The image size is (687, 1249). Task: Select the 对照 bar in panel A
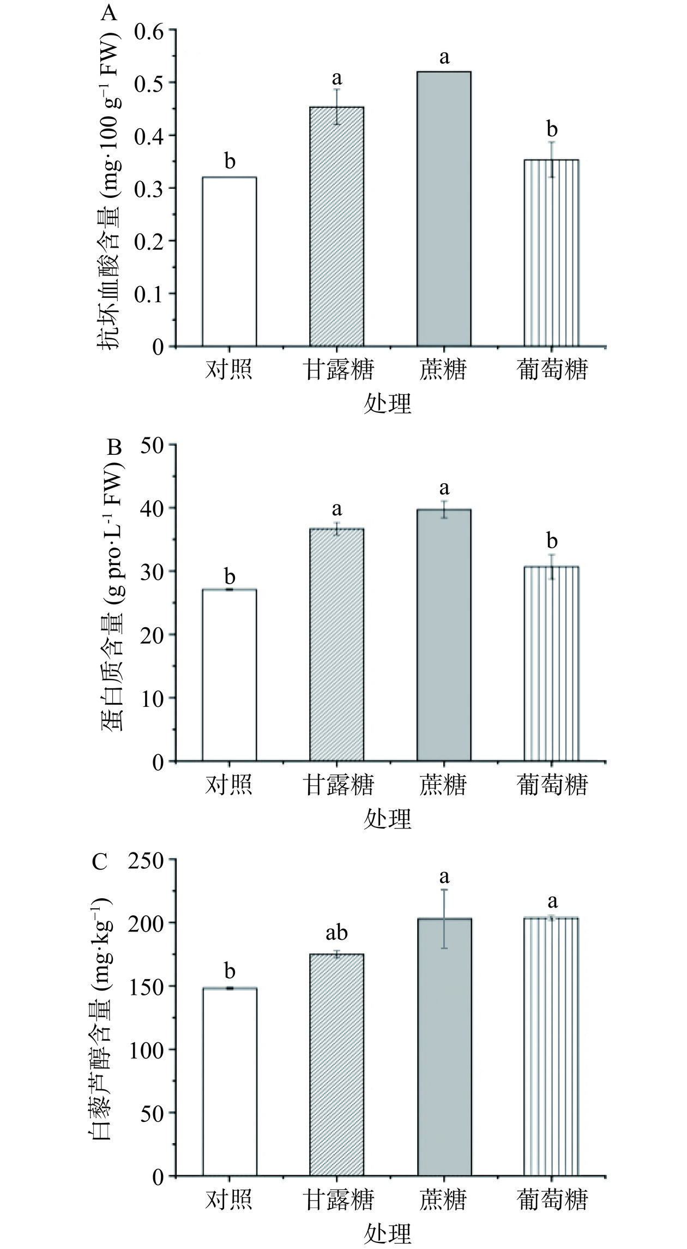230,262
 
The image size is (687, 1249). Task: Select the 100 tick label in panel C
147,1049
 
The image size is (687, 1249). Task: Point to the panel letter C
100,862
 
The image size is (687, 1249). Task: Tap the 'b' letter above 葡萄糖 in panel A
552,130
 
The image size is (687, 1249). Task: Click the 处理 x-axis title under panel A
387,404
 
